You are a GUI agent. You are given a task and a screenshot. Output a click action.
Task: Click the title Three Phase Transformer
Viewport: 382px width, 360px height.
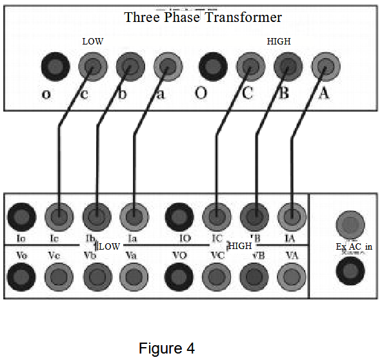coord(203,17)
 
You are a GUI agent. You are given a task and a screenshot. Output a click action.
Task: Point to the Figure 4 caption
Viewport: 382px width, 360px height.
coord(166,348)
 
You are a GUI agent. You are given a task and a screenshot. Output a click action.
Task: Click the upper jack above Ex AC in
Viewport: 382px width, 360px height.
coord(351,225)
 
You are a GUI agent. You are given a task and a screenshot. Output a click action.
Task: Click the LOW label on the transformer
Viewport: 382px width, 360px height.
coord(93,41)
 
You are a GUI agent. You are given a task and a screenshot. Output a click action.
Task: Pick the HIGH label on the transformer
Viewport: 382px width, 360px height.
coord(279,41)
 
